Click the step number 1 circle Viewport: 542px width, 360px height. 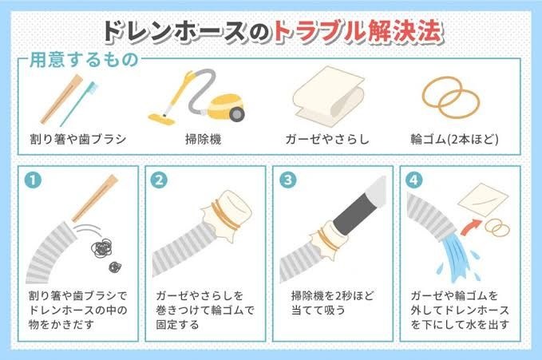[34, 180]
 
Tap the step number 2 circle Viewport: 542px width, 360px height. [160, 180]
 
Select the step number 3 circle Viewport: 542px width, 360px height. [287, 180]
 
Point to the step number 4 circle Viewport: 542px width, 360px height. [413, 180]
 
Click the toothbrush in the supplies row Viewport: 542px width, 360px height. [79, 104]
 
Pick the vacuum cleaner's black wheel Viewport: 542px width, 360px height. [237, 113]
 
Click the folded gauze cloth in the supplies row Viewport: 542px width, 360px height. [328, 96]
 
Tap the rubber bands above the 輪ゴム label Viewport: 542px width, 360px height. [451, 98]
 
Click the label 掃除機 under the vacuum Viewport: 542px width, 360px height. [204, 140]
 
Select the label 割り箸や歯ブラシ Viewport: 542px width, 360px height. [78, 140]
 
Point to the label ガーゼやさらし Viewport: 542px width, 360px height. [327, 140]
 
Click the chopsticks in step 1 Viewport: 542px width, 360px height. [95, 198]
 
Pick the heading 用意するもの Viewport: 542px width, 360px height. [84, 60]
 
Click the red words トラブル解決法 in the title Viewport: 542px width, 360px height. [358, 32]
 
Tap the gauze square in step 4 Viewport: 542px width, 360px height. [483, 200]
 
